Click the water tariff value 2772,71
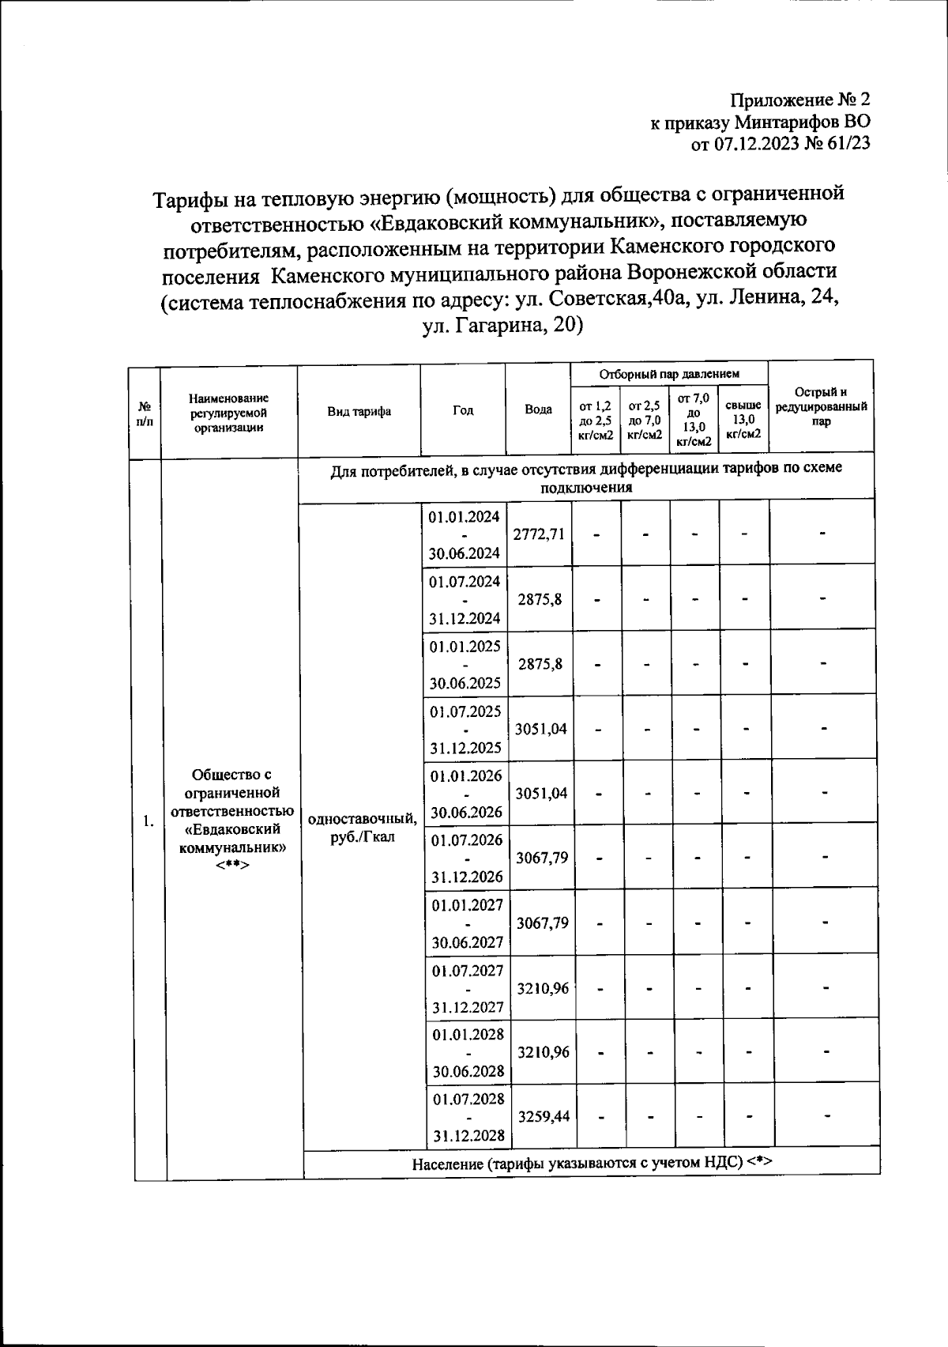click(x=539, y=534)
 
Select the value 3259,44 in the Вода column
click(x=543, y=1116)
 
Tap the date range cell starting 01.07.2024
click(x=465, y=599)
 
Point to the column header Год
click(x=463, y=411)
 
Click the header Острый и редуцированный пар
click(x=821, y=406)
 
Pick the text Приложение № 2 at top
click(x=799, y=100)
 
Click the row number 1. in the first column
click(x=149, y=822)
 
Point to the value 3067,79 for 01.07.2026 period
click(x=541, y=858)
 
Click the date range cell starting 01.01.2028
click(x=468, y=1053)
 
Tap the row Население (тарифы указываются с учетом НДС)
click(x=591, y=1161)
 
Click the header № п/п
click(x=145, y=412)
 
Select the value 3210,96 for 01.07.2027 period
click(x=542, y=988)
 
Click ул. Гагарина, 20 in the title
click(x=502, y=326)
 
